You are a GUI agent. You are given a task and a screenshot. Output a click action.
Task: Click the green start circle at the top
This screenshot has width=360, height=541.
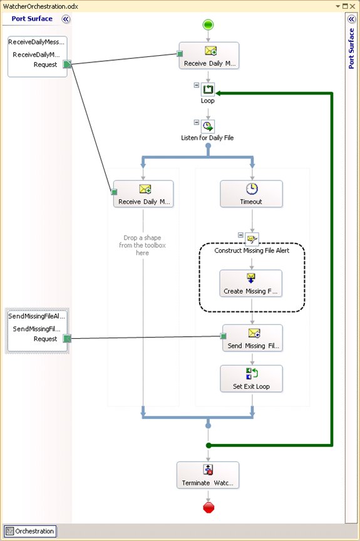tap(208, 25)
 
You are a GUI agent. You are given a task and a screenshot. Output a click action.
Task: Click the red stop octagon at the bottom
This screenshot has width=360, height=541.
tap(208, 508)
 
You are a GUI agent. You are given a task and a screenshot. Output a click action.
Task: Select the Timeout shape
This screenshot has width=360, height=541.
tap(252, 194)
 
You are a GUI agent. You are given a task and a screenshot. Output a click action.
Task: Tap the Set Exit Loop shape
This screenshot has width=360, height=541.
tap(252, 379)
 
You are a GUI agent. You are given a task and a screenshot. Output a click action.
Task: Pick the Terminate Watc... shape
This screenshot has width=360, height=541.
tap(208, 475)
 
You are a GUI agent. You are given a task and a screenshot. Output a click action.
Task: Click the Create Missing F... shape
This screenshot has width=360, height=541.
tap(251, 283)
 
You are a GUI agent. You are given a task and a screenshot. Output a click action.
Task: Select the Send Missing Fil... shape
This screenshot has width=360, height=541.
tap(252, 338)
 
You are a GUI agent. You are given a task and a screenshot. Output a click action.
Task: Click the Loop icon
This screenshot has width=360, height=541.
tap(208, 90)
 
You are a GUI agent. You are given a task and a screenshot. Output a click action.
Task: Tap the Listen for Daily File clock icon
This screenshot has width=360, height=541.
tap(208, 126)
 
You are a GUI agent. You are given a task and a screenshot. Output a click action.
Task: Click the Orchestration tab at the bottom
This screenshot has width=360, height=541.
tap(30, 531)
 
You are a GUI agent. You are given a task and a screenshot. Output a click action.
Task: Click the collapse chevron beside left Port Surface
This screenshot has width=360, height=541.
tap(66, 19)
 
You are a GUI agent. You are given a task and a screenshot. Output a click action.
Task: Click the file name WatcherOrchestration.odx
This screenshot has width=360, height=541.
tap(41, 6)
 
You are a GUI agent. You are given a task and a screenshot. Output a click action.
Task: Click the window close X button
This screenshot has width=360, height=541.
tap(352, 6)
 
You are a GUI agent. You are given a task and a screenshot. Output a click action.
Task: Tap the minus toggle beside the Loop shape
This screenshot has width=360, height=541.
tap(196, 85)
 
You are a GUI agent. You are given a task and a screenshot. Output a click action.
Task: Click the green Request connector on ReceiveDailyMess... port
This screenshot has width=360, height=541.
tap(67, 64)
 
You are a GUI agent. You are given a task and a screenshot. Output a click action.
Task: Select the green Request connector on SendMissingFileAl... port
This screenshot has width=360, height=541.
tap(67, 339)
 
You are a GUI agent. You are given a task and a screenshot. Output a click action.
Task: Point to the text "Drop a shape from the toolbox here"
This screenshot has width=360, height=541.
tap(142, 245)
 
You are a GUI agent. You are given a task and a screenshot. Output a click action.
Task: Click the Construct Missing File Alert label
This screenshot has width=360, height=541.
tap(252, 250)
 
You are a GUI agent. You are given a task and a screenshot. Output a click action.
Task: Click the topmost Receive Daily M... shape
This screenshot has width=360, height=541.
tap(209, 56)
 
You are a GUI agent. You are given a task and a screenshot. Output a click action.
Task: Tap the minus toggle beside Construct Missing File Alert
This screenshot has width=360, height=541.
tap(240, 235)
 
